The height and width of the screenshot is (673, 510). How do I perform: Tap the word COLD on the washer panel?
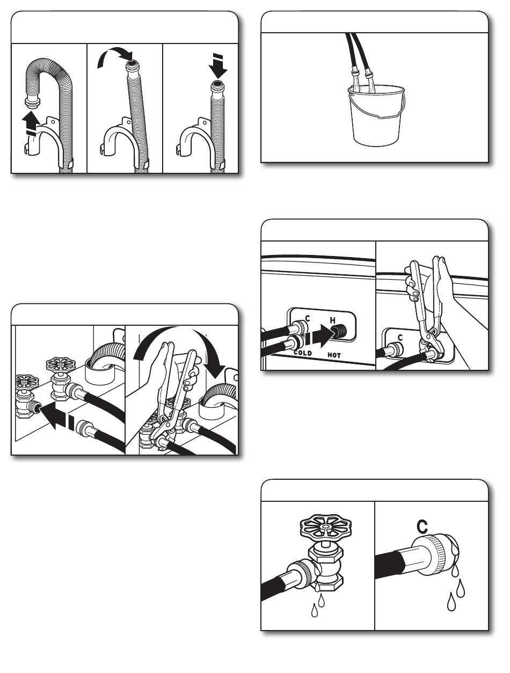[x=303, y=353]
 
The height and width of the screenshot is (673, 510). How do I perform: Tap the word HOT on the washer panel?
[x=334, y=355]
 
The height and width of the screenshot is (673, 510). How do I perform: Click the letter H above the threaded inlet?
[x=333, y=321]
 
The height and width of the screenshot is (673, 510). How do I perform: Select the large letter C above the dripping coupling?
[x=422, y=526]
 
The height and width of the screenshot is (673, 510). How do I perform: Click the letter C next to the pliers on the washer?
[x=400, y=338]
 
